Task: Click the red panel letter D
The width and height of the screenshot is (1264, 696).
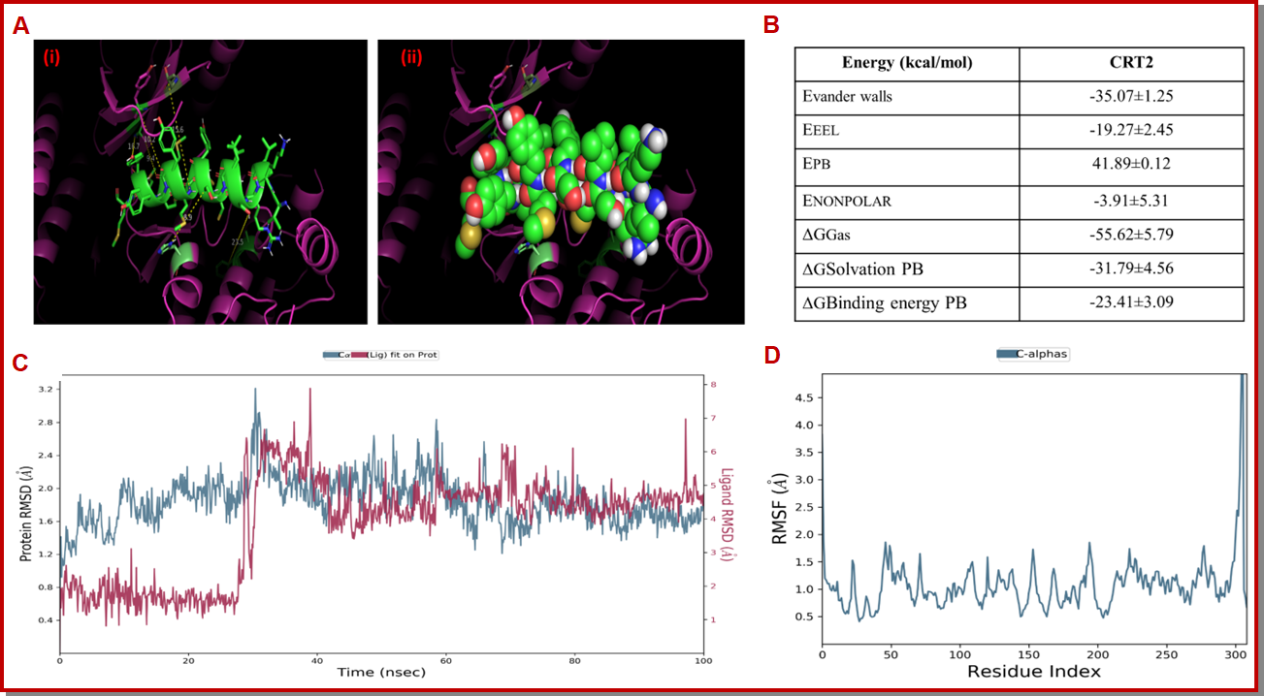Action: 772,356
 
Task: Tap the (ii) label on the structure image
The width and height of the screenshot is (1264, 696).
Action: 412,57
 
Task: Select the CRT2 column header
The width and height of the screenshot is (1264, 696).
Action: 1130,64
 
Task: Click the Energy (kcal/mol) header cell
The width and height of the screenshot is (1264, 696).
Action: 907,64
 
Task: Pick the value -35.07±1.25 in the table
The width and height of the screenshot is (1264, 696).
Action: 1130,97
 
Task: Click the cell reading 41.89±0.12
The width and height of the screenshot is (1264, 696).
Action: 1130,164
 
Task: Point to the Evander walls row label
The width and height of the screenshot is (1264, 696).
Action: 847,97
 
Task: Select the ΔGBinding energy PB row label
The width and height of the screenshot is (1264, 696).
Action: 885,303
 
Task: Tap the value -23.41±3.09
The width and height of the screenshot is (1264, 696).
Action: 1130,303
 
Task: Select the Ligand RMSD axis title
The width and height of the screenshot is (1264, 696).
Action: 728,515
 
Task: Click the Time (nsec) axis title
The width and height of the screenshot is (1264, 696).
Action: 381,673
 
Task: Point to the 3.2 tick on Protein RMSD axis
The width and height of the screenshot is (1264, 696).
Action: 46,388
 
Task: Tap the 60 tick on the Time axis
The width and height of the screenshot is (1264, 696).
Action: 445,661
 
